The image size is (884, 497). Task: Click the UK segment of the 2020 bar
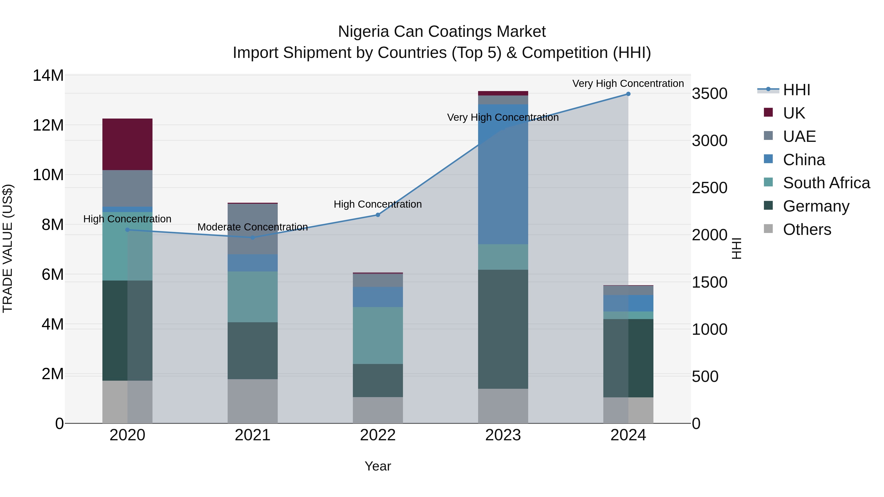click(x=127, y=144)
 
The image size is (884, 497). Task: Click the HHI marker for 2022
click(x=378, y=215)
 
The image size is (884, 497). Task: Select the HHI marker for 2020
click(x=127, y=230)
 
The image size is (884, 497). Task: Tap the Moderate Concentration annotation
click(x=253, y=227)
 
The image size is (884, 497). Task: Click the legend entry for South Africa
click(x=826, y=183)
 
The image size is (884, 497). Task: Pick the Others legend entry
click(x=807, y=229)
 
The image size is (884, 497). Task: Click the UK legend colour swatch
click(x=768, y=112)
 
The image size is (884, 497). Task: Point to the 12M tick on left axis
click(x=48, y=125)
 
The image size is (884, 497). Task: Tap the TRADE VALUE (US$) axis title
click(x=8, y=248)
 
